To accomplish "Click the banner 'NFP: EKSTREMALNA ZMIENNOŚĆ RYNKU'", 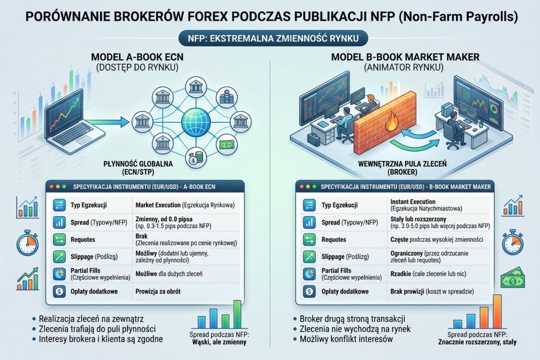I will pos(270,38).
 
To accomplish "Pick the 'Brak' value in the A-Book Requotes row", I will pos(141,236).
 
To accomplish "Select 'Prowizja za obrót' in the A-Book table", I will pos(158,292).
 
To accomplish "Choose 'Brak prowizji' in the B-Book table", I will pos(405,292).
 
